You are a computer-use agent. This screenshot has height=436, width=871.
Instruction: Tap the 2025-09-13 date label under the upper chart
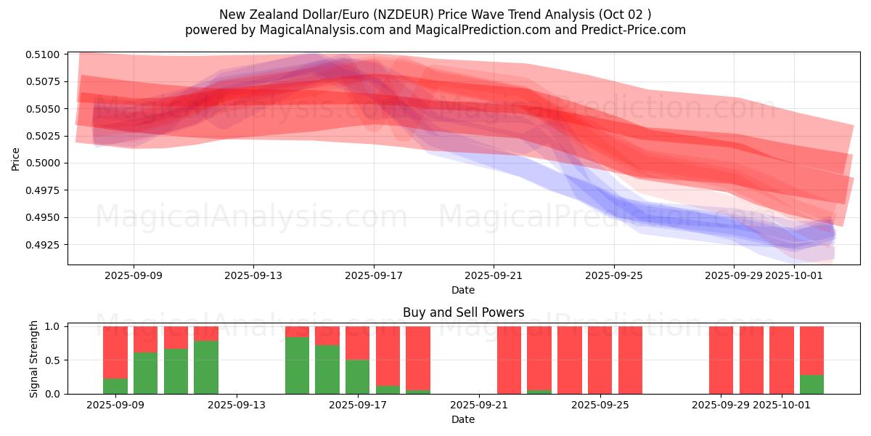click(x=253, y=275)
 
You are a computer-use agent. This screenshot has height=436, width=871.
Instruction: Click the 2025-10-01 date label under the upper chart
click(x=795, y=275)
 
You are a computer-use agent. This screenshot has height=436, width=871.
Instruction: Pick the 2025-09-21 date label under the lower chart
click(x=480, y=405)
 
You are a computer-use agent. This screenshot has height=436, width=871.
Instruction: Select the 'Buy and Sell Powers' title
click(x=463, y=313)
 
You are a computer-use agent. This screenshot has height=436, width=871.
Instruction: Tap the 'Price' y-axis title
click(x=16, y=159)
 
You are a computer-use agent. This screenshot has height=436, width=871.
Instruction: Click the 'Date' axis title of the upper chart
click(x=463, y=290)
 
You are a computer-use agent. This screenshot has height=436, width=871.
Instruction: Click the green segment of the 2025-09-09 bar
click(x=115, y=386)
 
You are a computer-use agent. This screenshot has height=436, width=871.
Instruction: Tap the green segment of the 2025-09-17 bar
click(x=358, y=376)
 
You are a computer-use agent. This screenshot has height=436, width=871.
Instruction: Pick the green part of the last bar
click(x=811, y=384)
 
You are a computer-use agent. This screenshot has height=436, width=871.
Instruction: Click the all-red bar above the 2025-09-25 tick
click(x=600, y=360)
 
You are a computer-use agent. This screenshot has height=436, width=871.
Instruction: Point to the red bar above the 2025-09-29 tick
click(x=721, y=360)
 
